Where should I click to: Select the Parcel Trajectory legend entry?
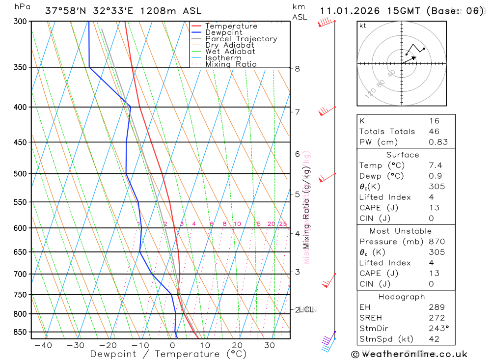[x=241, y=39]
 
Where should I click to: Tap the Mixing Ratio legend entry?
[x=231, y=64]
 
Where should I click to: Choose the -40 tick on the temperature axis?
[x=43, y=345]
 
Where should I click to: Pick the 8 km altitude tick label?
[x=297, y=69]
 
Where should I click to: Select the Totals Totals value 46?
[x=434, y=132]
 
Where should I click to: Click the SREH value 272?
[x=436, y=318]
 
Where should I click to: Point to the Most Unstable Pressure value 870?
[x=436, y=242]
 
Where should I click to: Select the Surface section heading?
[x=403, y=155]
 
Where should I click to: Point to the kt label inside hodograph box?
[x=363, y=26]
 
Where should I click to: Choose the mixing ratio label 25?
[x=283, y=224]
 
